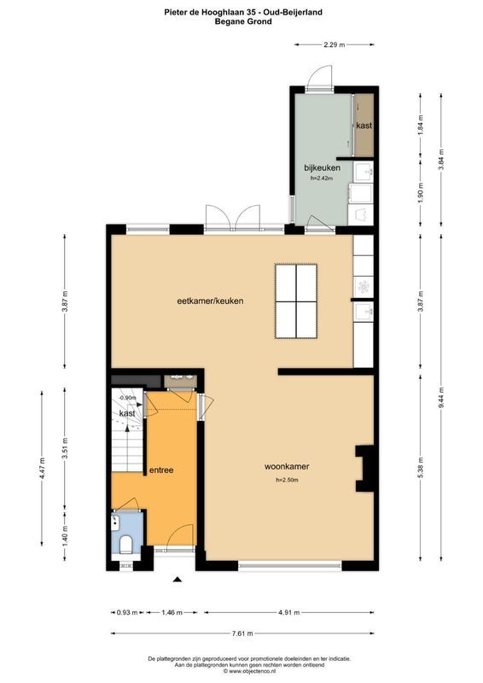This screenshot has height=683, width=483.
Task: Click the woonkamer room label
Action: [287, 466]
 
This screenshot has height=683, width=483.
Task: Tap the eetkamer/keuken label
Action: [211, 301]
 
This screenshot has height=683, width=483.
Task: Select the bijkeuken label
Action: [323, 167]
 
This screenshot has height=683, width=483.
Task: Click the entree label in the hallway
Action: [161, 470]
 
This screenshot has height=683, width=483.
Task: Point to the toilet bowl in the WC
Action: [125, 545]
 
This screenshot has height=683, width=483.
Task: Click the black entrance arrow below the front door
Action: [177, 579]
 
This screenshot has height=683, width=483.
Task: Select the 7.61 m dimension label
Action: [243, 633]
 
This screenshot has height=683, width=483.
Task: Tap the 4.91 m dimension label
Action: [289, 612]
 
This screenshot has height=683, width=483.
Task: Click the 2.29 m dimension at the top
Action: [335, 44]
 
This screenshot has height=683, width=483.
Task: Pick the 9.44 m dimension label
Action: [441, 397]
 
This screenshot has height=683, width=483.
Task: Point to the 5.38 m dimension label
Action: [421, 467]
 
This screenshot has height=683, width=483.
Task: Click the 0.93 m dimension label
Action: [127, 612]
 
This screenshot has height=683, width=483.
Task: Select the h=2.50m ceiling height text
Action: [287, 480]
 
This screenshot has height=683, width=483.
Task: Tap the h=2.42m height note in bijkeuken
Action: [323, 178]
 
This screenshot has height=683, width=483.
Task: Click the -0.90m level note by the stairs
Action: [128, 398]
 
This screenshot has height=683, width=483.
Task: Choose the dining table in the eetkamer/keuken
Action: [296, 301]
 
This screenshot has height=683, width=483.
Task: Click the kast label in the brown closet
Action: [364, 126]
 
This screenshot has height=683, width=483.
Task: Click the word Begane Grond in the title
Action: [243, 21]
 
